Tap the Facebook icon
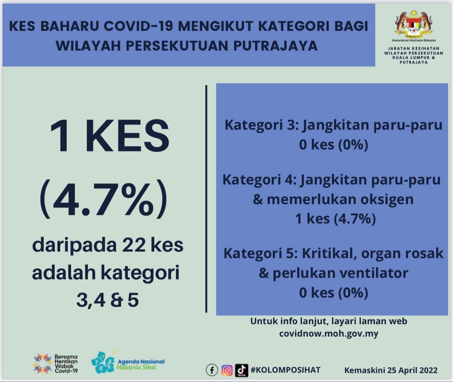click(212, 370)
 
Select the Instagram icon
click(227, 370)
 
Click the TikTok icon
click(241, 370)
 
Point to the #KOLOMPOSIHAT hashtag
click(285, 370)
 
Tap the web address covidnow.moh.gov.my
click(329, 333)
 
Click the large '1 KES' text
click(109, 135)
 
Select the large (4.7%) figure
click(104, 199)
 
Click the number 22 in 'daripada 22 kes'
click(133, 245)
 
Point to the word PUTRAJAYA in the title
click(275, 46)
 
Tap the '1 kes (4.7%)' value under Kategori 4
click(336, 219)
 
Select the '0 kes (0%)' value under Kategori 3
click(334, 144)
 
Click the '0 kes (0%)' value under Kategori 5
click(334, 293)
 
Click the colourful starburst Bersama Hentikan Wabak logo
click(43, 364)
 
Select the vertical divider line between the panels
click(206, 198)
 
